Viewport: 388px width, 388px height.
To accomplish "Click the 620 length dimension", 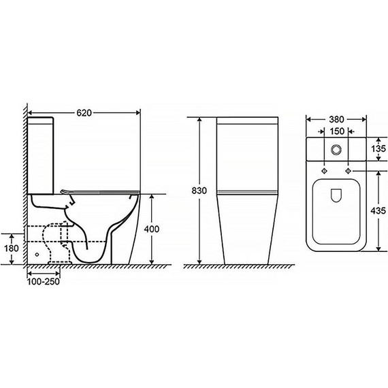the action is pyautogui.click(x=84, y=113).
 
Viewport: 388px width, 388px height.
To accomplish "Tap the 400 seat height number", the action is pyautogui.click(x=152, y=229).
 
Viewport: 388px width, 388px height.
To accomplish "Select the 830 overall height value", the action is pyautogui.click(x=199, y=191).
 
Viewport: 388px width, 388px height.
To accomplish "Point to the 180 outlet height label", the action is pyautogui.click(x=12, y=248).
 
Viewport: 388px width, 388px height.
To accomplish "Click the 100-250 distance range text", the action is pyautogui.click(x=44, y=282).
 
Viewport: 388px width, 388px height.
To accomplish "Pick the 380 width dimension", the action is pyautogui.click(x=336, y=120).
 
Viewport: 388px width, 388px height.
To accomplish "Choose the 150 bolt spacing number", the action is pyautogui.click(x=337, y=131).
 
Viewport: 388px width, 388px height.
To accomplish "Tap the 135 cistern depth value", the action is pyautogui.click(x=378, y=148).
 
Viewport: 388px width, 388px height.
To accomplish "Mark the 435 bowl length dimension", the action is pyautogui.click(x=378, y=211).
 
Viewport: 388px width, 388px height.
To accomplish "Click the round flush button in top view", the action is pyautogui.click(x=336, y=149).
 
